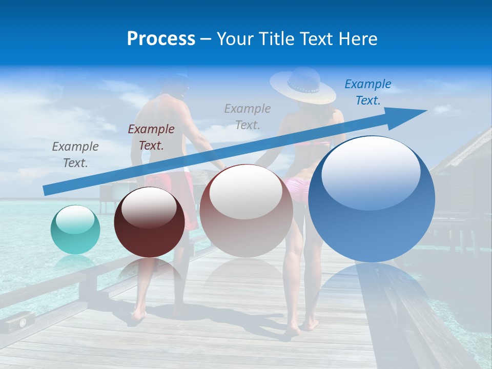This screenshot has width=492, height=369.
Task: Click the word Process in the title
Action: [161, 39]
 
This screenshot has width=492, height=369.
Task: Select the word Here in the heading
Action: [358, 39]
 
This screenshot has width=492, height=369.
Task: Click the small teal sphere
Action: [75, 230]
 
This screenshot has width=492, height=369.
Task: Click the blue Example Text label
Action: [367, 92]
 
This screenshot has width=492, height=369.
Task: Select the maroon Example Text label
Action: [151, 137]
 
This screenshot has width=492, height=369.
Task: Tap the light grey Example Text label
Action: [248, 116]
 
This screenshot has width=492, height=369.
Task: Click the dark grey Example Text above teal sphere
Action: [75, 155]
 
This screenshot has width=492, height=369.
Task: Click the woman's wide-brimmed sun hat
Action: [303, 85]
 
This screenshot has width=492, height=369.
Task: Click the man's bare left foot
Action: [137, 314]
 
